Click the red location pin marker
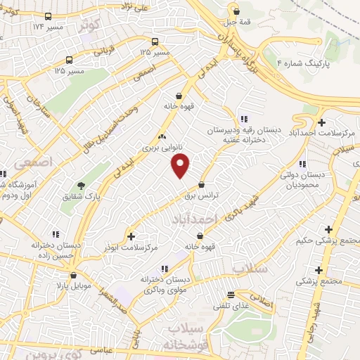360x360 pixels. coord(181,167)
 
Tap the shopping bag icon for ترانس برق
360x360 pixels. coord(202,185)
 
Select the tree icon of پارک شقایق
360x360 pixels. coord(82,186)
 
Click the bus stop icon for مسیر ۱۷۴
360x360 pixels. coord(47,17)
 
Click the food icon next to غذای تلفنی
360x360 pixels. coord(231,295)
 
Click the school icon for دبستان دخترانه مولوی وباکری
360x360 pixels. coord(165,268)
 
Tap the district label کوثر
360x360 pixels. coord(89,25)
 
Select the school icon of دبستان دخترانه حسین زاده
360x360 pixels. coord(31,246)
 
